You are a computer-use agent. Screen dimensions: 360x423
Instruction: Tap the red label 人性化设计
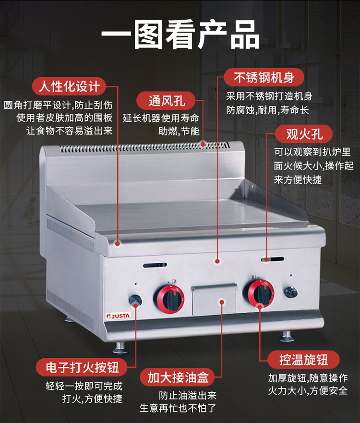pyautogui.click(x=69, y=86)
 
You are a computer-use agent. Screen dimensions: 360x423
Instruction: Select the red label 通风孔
pyautogui.click(x=166, y=101)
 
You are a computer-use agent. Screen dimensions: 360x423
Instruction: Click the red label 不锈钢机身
pyautogui.click(x=264, y=77)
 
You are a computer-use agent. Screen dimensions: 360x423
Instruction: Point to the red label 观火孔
pyautogui.click(x=304, y=134)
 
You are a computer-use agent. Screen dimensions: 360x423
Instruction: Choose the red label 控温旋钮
pyautogui.click(x=303, y=359)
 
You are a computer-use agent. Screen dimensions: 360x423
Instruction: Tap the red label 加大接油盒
pyautogui.click(x=178, y=377)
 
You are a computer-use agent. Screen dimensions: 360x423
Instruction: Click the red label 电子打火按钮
pyautogui.click(x=82, y=367)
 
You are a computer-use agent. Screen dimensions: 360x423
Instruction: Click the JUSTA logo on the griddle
pyautogui.click(x=118, y=316)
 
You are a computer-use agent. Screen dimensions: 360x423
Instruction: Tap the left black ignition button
pyautogui.click(x=135, y=300)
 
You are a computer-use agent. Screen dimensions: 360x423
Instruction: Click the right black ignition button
pyautogui.click(x=290, y=292)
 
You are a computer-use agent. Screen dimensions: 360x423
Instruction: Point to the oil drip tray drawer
pyautogui.click(x=214, y=299)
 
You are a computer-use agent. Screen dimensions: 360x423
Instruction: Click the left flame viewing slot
pyautogui.click(x=155, y=265)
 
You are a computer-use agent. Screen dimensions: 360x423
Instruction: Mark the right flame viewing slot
pyautogui.click(x=272, y=259)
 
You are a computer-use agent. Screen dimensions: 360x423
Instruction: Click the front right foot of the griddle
pyautogui.click(x=286, y=337)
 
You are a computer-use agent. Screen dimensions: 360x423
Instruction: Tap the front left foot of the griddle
pyautogui.click(x=120, y=348)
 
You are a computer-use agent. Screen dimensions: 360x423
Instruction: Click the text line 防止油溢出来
pyautogui.click(x=187, y=396)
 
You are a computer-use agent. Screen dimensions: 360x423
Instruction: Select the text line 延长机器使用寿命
pyautogui.click(x=161, y=118)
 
